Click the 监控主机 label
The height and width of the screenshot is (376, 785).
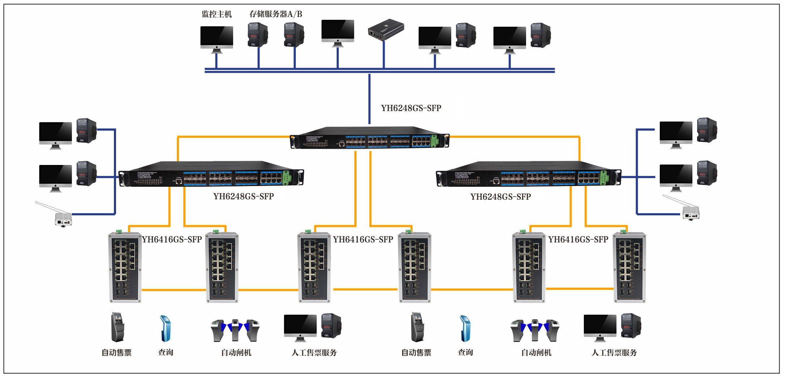point(217,14)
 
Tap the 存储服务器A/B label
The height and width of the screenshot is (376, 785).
point(276,14)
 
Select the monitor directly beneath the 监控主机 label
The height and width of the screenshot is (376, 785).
point(217,38)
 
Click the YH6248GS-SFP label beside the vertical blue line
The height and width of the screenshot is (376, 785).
point(411,108)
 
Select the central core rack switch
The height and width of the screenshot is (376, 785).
point(370,138)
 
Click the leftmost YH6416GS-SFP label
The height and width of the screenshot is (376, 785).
point(172,240)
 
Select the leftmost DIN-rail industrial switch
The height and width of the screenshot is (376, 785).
point(125,267)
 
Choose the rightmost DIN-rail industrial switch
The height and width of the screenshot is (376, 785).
point(629,267)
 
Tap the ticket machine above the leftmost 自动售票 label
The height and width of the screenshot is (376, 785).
point(117,327)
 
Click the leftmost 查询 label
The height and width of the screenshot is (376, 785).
point(166,352)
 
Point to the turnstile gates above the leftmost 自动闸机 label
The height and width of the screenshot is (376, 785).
point(235,330)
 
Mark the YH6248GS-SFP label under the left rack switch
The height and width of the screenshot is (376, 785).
point(243,197)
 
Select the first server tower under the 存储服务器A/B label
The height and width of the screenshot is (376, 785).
point(257,35)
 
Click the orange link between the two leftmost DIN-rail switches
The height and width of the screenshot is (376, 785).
point(174,290)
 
